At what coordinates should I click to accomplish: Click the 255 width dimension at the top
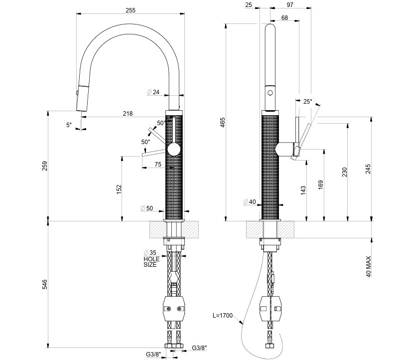[131, 10]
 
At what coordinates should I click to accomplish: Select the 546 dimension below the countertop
[44, 284]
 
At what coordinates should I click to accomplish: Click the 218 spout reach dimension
[128, 114]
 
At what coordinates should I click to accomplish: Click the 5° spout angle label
[69, 125]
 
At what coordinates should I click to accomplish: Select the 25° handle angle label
[308, 102]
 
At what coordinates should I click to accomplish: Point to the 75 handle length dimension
[157, 165]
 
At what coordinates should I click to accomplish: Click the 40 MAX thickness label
[369, 267]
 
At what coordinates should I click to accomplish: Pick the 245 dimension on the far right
[369, 170]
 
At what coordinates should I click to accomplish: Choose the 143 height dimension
[303, 189]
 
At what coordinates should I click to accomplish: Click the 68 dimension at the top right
[284, 18]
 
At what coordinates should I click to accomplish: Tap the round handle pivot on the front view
[174, 149]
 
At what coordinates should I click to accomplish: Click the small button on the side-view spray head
[270, 93]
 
